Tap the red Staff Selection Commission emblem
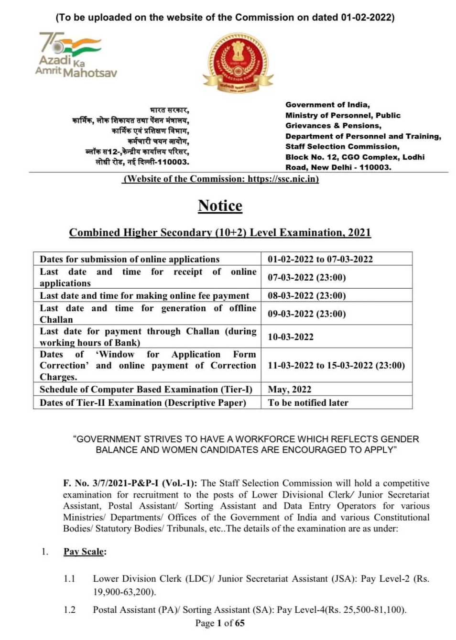(238, 63)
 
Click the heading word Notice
(220, 206)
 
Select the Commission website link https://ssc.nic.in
(282, 179)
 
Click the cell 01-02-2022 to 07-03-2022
(320, 259)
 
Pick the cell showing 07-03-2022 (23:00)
(306, 277)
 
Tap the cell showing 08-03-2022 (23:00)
(306, 295)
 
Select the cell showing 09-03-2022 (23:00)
(306, 314)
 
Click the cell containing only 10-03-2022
(291, 337)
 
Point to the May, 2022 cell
(289, 390)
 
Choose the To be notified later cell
(308, 402)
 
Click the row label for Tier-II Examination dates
(142, 402)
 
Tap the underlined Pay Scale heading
(84, 552)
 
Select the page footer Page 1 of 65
(220, 623)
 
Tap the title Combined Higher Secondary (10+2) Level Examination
(220, 233)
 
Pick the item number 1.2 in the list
(70, 609)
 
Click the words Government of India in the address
(327, 105)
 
